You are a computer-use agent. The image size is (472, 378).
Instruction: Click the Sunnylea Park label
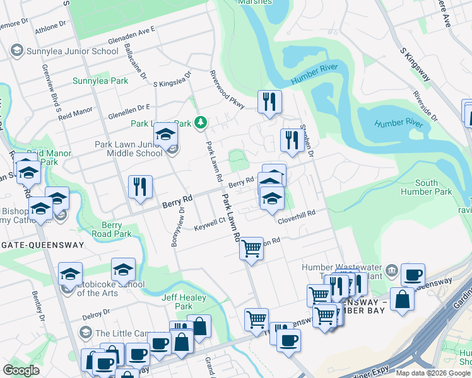tap(100, 81)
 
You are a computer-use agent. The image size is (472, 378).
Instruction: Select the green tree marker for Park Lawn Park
tap(201, 122)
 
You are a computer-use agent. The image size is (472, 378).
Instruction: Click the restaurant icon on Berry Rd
tap(140, 187)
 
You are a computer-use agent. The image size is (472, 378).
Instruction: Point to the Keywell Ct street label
tap(209, 224)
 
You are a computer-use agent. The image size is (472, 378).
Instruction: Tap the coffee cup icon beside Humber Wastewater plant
tap(413, 275)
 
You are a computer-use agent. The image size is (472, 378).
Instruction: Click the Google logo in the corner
tap(21, 370)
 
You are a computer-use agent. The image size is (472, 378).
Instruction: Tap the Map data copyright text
tap(432, 373)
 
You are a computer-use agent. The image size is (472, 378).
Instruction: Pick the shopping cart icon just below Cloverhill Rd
tap(252, 249)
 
